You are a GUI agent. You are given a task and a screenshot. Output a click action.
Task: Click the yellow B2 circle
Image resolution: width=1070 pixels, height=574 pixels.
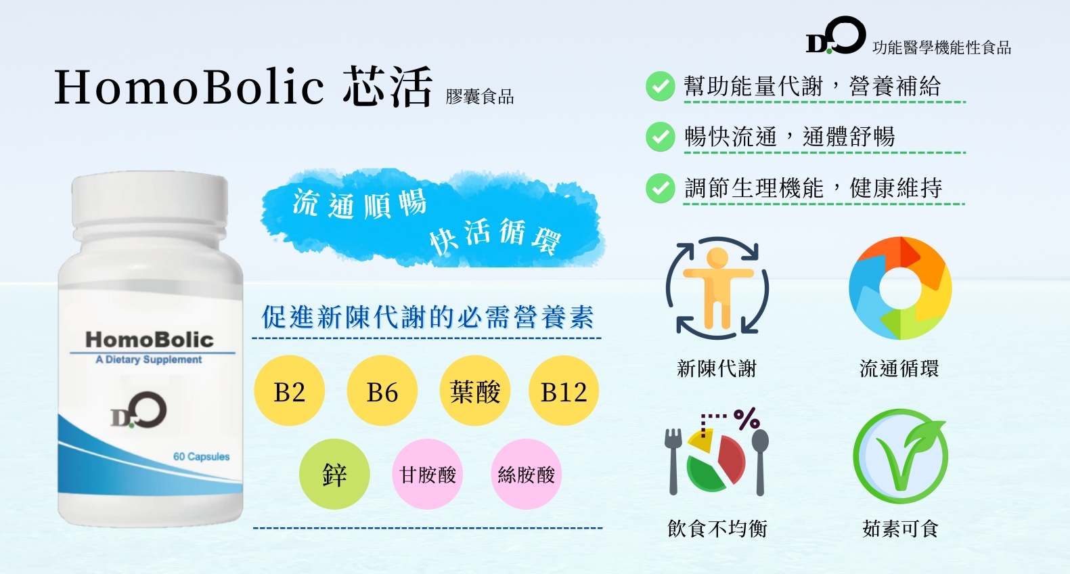pos(289,391)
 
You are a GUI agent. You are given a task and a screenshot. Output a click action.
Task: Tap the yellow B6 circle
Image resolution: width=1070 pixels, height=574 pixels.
pos(382,391)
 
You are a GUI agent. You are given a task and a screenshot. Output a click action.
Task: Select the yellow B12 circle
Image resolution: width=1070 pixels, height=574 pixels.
pos(564,391)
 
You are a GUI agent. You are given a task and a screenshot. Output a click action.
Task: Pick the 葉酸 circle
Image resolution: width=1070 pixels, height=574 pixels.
pos(475,391)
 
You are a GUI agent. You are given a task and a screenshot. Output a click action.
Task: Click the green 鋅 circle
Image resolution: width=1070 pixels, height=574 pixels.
pos(334,474)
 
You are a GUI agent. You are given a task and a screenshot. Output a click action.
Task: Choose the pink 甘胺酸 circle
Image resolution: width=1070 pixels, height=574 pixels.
pos(428,474)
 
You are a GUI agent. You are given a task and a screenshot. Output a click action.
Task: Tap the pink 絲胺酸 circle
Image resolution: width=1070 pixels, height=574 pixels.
pos(526,474)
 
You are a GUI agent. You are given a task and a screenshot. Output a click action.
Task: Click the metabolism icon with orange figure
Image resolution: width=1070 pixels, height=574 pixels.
pos(717,288)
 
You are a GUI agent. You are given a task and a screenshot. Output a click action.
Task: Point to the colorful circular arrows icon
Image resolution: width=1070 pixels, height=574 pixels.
pos(900,288)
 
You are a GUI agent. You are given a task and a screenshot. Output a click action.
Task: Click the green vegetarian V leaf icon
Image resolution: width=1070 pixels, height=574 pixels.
pos(900,456)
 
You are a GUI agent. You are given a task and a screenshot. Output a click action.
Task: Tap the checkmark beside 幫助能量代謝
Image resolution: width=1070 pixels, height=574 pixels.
pos(660,86)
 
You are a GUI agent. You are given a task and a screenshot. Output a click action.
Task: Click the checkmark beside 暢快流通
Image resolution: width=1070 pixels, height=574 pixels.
pos(660,137)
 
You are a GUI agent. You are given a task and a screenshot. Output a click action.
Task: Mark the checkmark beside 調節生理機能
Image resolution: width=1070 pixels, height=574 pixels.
pos(660,188)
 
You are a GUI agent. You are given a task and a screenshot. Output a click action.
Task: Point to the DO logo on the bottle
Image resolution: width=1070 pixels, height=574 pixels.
pos(139,410)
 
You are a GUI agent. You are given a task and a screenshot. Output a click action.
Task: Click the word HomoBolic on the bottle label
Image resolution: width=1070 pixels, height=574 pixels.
pos(150,339)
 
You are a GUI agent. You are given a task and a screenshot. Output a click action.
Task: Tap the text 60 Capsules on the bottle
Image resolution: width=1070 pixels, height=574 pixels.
pos(201,456)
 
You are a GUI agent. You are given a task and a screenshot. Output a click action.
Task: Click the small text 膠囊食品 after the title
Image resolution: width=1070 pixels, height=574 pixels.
pos(480,97)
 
